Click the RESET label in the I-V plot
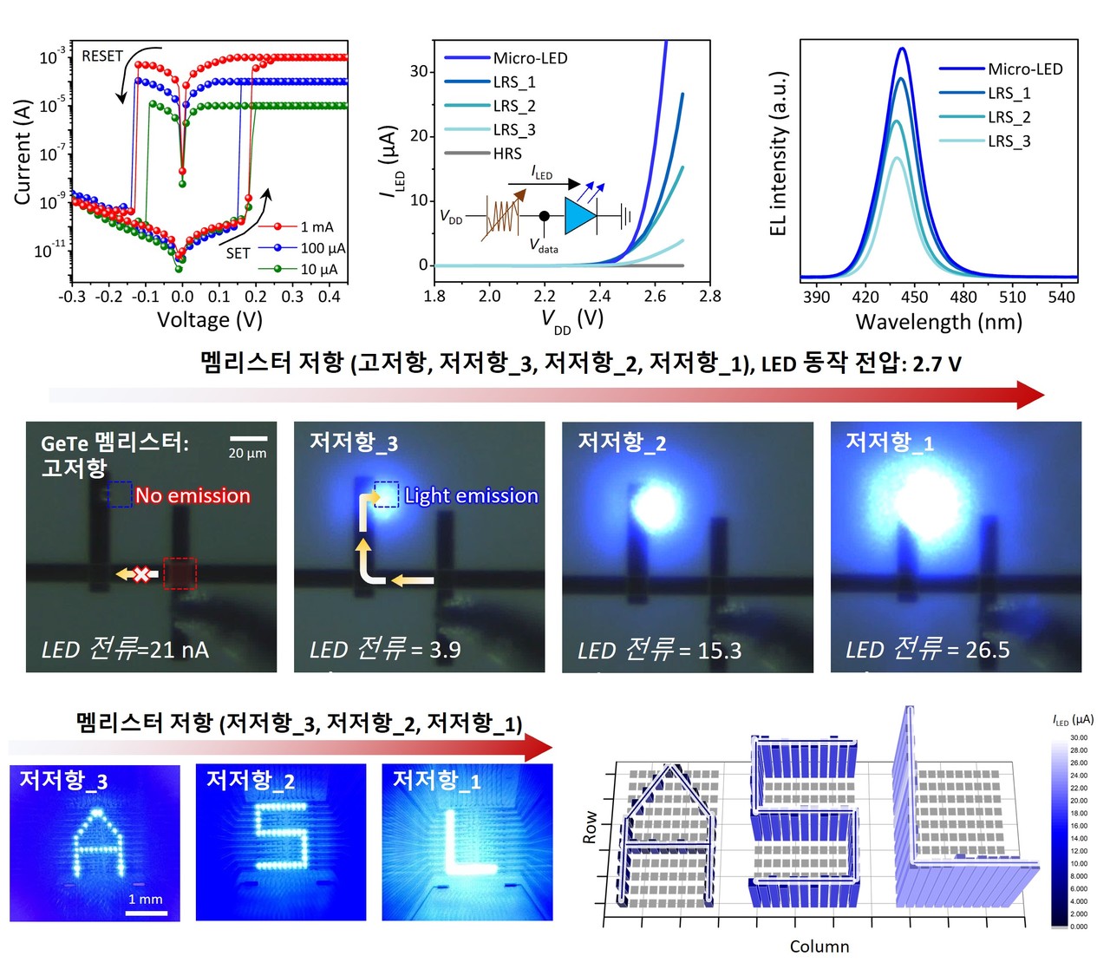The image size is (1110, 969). pyautogui.click(x=102, y=56)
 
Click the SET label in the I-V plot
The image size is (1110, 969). pyautogui.click(x=238, y=253)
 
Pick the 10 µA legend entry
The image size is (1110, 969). pyautogui.click(x=318, y=270)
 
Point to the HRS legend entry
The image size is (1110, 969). pyautogui.click(x=507, y=154)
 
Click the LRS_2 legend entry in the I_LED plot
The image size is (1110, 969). pyautogui.click(x=514, y=106)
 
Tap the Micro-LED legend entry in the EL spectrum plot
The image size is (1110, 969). pyautogui.click(x=1024, y=69)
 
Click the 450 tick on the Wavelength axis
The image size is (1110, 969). pyautogui.click(x=915, y=297)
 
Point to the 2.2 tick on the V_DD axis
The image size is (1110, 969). pyautogui.click(x=545, y=296)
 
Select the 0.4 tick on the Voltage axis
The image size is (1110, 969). pyautogui.click(x=329, y=296)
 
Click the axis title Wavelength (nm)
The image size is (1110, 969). pyautogui.click(x=938, y=322)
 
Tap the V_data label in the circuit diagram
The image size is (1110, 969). pyautogui.click(x=544, y=246)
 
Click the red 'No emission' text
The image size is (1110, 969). pyautogui.click(x=193, y=495)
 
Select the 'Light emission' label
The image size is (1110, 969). pyautogui.click(x=471, y=495)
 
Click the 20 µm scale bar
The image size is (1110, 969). pyautogui.click(x=248, y=438)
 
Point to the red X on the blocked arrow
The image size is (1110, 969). pyautogui.click(x=140, y=574)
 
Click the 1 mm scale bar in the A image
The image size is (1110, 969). pyautogui.click(x=146, y=912)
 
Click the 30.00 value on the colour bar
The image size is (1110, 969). pyautogui.click(x=1079, y=737)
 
